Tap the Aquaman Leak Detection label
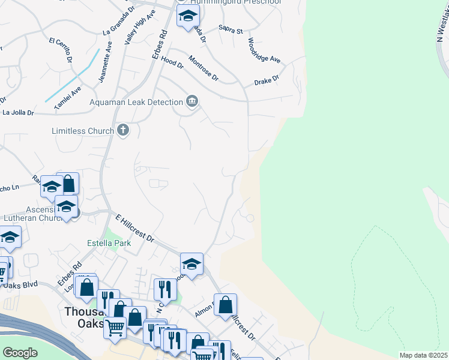click(136, 101)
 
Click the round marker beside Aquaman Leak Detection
click(192, 101)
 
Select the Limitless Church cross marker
click(123, 130)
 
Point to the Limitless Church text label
click(82, 130)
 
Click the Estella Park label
click(109, 244)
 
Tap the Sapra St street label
click(231, 30)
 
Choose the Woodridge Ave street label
click(264, 51)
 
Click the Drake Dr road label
click(267, 79)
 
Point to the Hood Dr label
click(172, 63)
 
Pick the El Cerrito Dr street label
click(61, 50)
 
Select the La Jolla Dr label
click(18, 112)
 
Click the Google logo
click(20, 353)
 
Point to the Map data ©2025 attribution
click(423, 355)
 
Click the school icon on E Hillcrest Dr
click(191, 264)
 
